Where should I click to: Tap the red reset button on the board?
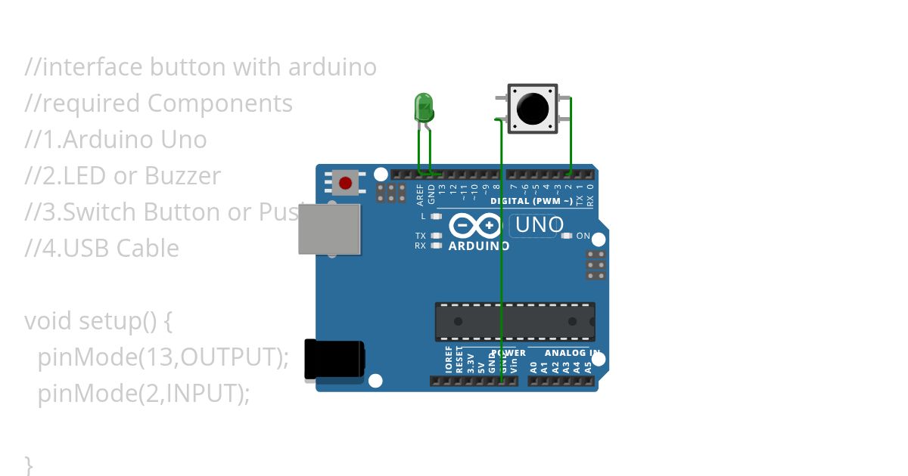click(346, 183)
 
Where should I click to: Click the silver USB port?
click(329, 229)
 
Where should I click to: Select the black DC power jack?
click(334, 360)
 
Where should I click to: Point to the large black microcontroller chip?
click(515, 321)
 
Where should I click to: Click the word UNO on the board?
click(540, 225)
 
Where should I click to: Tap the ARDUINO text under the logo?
click(479, 246)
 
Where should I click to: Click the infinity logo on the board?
click(475, 226)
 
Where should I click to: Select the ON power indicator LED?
click(566, 236)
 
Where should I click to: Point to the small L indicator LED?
click(436, 217)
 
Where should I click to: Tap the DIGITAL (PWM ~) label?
click(531, 202)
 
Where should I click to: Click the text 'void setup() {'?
click(98, 321)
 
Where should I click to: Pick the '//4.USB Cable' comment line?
click(102, 249)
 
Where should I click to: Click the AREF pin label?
click(421, 194)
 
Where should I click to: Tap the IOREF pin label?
click(449, 360)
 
